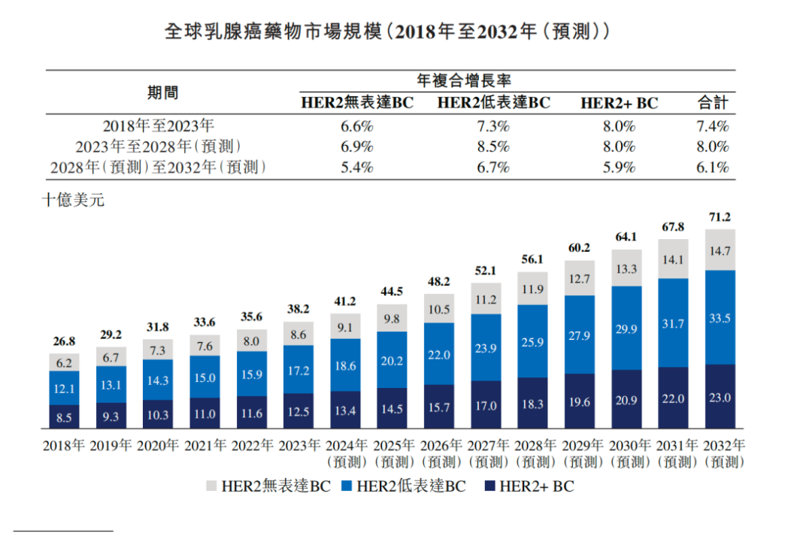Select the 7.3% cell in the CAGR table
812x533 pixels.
493,126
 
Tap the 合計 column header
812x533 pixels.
712,103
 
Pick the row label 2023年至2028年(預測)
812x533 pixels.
158,147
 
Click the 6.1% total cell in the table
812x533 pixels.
712,168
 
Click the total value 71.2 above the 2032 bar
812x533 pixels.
720,218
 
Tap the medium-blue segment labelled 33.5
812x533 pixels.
720,317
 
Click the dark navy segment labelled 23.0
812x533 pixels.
720,397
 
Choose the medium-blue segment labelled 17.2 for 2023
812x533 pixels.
298,369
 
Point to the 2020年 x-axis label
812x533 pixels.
158,445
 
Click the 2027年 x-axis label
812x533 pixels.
486,445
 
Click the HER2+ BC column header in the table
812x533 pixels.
619,103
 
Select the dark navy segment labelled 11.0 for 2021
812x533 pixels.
205,413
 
